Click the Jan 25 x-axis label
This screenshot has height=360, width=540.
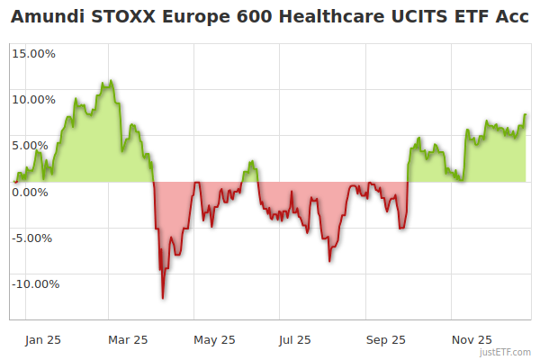pyautogui.click(x=43, y=339)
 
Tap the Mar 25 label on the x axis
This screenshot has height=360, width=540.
pyautogui.click(x=128, y=339)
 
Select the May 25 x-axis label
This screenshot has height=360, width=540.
pyautogui.click(x=214, y=339)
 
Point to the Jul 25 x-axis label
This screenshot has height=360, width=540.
pyautogui.click(x=294, y=339)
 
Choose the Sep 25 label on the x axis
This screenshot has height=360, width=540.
pyautogui.click(x=386, y=339)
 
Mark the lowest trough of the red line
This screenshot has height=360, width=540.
pyautogui.click(x=163, y=298)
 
